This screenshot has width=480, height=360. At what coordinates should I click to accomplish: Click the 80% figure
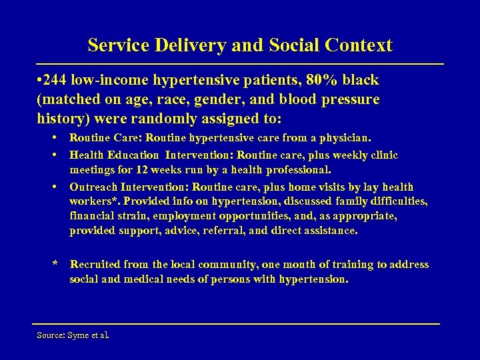tap(321, 81)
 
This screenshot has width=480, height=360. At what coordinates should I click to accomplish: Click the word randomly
tap(167, 119)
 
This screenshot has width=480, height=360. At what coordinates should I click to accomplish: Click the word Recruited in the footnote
tap(96, 265)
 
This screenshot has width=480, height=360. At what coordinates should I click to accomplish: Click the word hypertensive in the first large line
tap(197, 81)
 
